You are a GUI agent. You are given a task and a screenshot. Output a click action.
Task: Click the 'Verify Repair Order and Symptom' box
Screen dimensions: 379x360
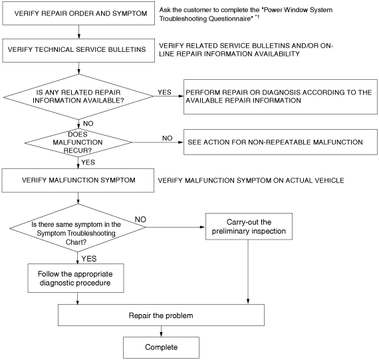click(78, 13)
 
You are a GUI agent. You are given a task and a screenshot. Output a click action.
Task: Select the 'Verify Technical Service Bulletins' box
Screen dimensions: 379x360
click(78, 51)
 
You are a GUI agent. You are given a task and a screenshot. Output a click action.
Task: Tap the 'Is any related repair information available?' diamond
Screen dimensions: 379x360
click(78, 96)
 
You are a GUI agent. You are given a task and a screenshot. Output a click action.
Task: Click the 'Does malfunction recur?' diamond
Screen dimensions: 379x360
click(78, 143)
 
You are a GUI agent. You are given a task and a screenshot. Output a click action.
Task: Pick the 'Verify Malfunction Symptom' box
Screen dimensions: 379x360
click(78, 180)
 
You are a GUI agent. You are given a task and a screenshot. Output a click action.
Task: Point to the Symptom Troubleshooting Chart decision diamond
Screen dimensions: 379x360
click(78, 228)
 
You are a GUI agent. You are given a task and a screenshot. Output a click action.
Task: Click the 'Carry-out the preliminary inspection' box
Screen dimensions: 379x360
click(249, 226)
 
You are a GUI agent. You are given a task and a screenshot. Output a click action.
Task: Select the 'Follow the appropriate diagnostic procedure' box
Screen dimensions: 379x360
click(76, 278)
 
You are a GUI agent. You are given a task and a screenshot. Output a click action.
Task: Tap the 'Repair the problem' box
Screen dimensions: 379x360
click(161, 315)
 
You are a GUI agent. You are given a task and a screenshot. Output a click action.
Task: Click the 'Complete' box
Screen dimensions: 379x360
click(161, 347)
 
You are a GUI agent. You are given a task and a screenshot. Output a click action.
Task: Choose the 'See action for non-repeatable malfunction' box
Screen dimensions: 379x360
click(281, 142)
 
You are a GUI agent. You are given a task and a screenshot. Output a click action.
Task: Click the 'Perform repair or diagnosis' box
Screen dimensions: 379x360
click(281, 96)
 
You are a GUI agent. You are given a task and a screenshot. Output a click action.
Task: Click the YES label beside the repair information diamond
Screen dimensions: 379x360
click(164, 92)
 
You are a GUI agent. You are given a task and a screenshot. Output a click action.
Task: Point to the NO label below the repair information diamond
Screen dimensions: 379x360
click(88, 124)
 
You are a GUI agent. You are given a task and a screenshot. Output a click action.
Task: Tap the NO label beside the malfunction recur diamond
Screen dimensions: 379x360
click(168, 138)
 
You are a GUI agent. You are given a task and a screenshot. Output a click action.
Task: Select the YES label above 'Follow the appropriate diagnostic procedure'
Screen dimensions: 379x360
click(89, 259)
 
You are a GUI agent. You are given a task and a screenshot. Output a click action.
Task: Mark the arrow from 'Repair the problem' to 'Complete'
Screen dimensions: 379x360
click(161, 331)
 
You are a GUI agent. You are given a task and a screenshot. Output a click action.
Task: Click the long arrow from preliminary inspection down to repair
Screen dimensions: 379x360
click(248, 271)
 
